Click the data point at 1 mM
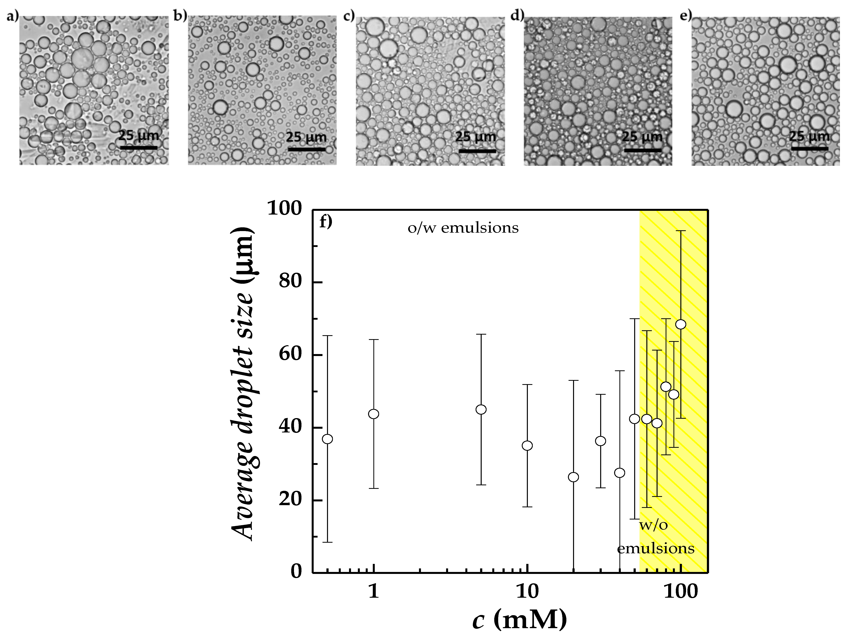point(373,414)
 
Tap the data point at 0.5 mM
point(327,439)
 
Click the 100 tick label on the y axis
point(285,209)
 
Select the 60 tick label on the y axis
point(290,354)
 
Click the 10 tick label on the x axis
point(527,592)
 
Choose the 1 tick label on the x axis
point(373,592)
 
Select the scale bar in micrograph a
point(139,147)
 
